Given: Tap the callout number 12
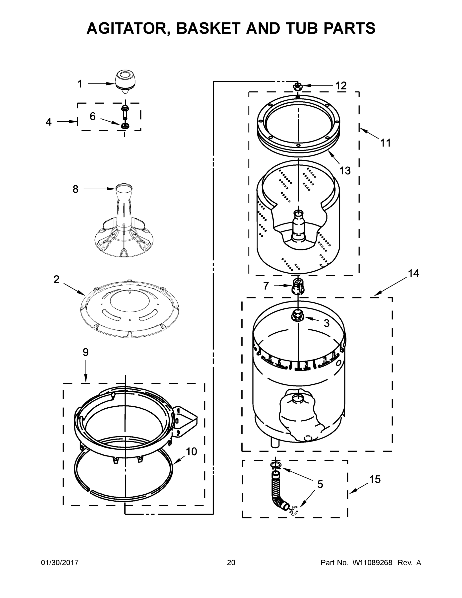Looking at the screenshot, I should (341, 86).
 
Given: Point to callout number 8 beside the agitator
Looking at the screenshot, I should (75, 189).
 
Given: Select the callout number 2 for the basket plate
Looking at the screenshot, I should (56, 280).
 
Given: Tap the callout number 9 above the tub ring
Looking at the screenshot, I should (86, 352).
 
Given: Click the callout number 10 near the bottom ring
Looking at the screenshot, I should (192, 451).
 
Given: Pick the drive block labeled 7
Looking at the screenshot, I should (298, 286).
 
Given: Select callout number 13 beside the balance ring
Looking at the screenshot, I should (345, 171).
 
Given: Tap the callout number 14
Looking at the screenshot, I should (413, 273).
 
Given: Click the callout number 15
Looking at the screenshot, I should (375, 479).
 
